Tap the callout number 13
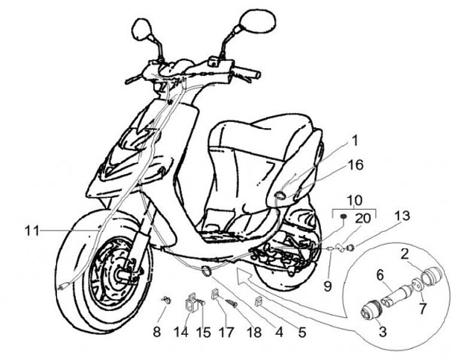click(x=402, y=217)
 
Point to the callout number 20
click(x=363, y=219)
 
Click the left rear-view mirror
click(x=139, y=28)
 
